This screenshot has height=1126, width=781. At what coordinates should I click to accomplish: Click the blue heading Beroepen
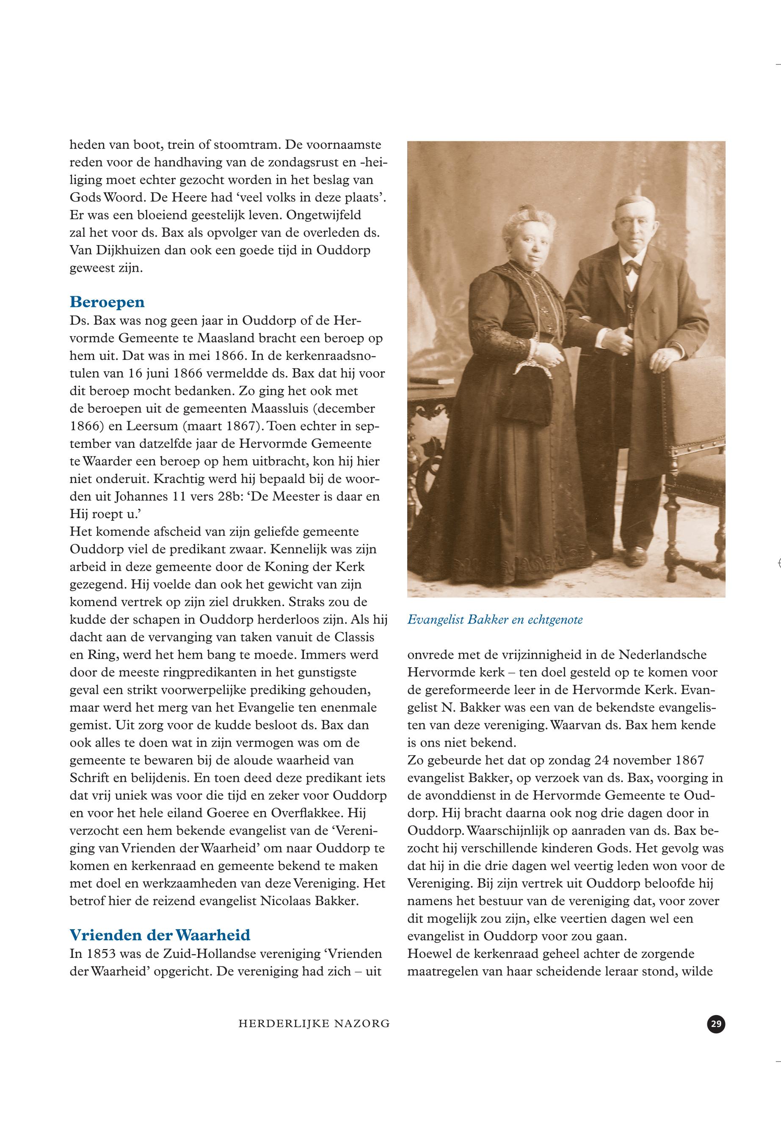[107, 302]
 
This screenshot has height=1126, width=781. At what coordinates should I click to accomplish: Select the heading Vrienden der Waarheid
[160, 935]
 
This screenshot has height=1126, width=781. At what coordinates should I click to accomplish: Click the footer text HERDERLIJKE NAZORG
[314, 1023]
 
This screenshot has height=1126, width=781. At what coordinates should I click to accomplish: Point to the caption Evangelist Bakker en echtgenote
[495, 620]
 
